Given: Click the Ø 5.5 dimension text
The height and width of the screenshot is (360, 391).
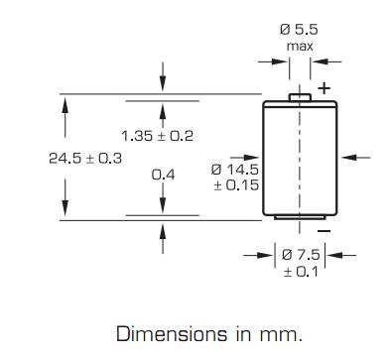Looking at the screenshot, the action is pyautogui.click(x=299, y=30).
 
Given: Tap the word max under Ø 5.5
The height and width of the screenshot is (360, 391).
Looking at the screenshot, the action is pyautogui.click(x=300, y=47).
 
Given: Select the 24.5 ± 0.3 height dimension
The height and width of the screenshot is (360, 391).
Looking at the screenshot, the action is pyautogui.click(x=85, y=159).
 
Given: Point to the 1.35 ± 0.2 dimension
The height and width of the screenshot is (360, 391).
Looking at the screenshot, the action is pyautogui.click(x=158, y=136).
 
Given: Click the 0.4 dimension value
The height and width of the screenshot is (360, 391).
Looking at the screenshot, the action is pyautogui.click(x=163, y=175).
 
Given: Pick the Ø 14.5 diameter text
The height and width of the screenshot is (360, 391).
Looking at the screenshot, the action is pyautogui.click(x=235, y=170).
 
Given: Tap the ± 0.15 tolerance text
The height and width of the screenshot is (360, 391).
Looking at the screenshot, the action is pyautogui.click(x=236, y=184).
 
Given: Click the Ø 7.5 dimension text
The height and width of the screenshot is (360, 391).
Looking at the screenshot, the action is pyautogui.click(x=301, y=255).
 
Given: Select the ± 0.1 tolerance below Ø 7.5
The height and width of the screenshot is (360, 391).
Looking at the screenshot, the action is pyautogui.click(x=301, y=272).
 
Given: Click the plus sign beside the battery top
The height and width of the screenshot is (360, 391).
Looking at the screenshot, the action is pyautogui.click(x=325, y=88).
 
